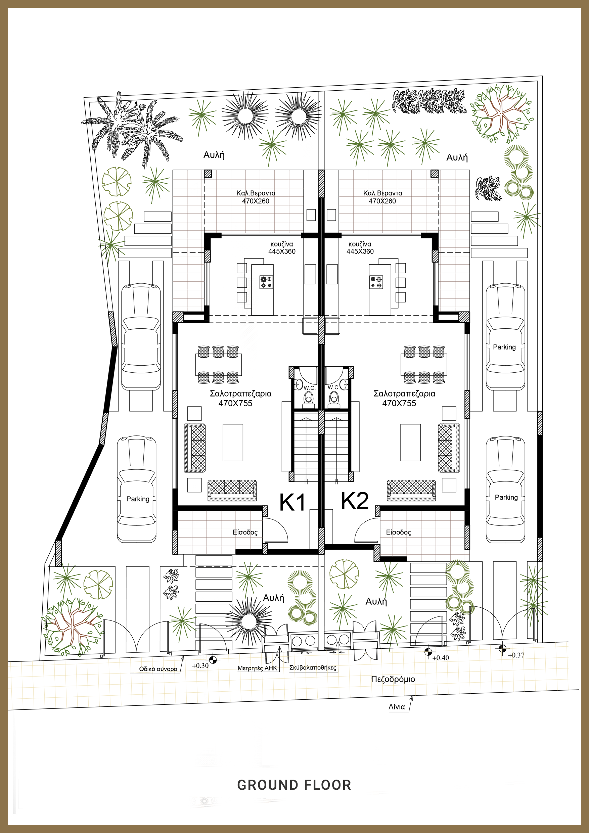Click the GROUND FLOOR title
(x=294, y=785)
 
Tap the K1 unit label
(x=292, y=503)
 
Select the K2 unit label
(x=355, y=501)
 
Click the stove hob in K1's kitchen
(x=266, y=282)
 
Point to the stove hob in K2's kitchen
(x=376, y=282)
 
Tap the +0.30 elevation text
(x=200, y=666)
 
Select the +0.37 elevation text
(x=516, y=655)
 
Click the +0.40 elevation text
(x=441, y=658)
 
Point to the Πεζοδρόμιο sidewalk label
(x=393, y=679)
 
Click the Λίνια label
(x=397, y=707)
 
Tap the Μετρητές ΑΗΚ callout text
(x=257, y=668)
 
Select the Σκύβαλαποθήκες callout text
(x=313, y=667)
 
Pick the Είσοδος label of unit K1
(x=245, y=532)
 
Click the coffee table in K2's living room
(x=410, y=443)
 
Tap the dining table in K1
(x=219, y=365)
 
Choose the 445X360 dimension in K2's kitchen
(x=360, y=251)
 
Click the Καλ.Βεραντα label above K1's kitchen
(x=256, y=193)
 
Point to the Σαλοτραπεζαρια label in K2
(x=405, y=394)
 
